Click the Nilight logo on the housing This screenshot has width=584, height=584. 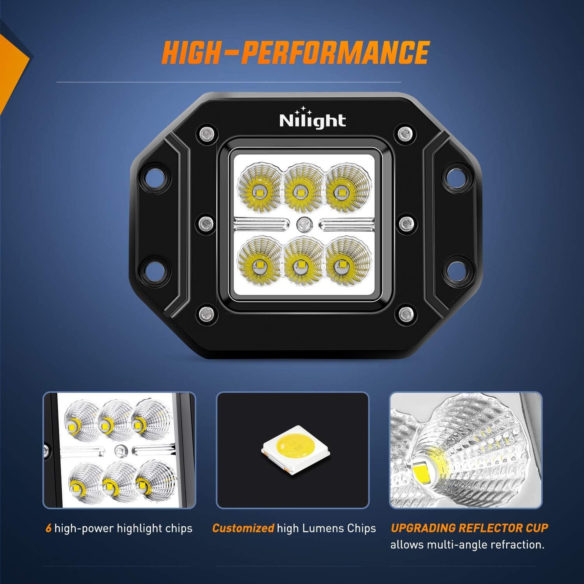pyautogui.click(x=312, y=120)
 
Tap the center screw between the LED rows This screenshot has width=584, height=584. pyautogui.click(x=301, y=225)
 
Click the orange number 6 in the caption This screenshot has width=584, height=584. pyautogui.click(x=48, y=528)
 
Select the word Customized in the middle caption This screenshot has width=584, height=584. pyautogui.click(x=243, y=528)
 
